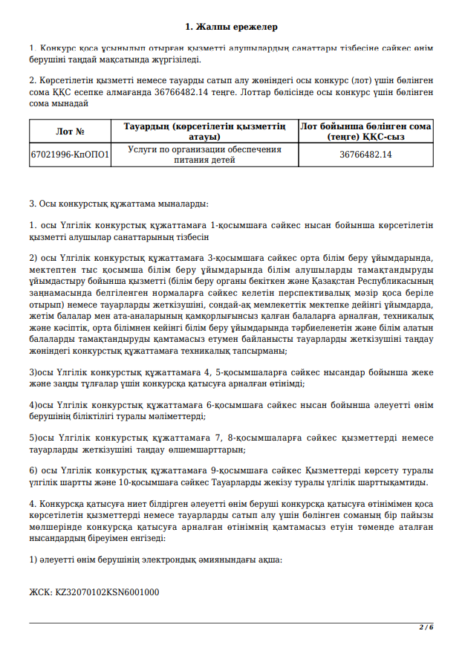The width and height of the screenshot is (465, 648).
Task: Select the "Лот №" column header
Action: pos(76,132)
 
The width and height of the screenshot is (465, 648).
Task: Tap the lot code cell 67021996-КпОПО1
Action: pos(70,155)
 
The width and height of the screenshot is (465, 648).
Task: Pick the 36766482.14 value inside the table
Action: pos(365,155)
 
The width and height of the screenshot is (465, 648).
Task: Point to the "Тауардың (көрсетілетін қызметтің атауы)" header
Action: pos(204,132)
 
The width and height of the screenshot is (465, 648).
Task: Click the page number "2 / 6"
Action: pos(426,627)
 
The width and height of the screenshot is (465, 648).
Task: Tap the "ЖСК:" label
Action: pos(40,592)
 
